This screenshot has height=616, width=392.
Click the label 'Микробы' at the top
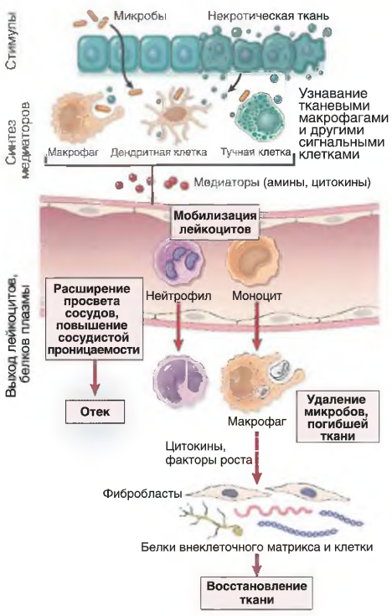click(x=140, y=16)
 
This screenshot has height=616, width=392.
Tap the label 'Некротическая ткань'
click(x=268, y=16)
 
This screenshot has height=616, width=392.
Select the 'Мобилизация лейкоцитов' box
click(x=215, y=222)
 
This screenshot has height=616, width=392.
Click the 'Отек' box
click(x=95, y=412)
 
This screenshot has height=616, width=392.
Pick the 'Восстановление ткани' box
click(x=256, y=593)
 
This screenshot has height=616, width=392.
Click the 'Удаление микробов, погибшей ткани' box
click(x=338, y=417)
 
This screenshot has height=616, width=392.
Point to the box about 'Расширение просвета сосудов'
click(x=94, y=318)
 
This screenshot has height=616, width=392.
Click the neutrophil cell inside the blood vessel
click(x=178, y=261)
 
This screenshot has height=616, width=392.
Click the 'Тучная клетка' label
click(x=255, y=152)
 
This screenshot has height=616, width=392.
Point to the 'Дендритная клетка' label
click(x=158, y=153)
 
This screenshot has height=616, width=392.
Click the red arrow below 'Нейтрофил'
click(x=178, y=327)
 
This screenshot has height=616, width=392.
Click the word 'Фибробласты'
click(x=142, y=494)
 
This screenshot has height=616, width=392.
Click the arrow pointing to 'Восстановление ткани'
click(x=257, y=564)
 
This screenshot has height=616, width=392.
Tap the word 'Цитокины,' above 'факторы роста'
click(x=196, y=447)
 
